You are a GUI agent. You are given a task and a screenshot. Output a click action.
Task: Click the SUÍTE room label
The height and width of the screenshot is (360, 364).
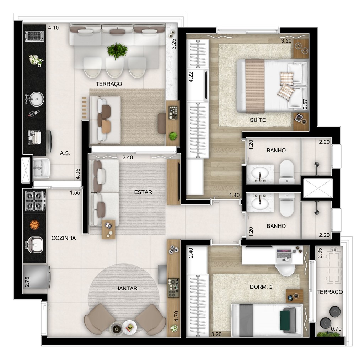click(257, 120)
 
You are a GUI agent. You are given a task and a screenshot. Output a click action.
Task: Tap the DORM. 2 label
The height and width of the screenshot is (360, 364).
click(261, 288)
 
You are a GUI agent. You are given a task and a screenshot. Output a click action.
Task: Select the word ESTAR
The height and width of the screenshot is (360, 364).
click(143, 192)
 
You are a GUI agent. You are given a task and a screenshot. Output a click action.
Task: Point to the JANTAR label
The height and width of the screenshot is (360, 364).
click(127, 288)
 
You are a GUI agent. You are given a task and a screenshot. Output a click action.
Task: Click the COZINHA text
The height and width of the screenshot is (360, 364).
click(63, 238)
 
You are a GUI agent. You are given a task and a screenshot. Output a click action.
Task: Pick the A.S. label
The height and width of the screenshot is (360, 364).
click(65, 153)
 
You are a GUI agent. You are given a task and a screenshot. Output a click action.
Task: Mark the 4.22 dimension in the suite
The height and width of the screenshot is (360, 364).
click(191, 77)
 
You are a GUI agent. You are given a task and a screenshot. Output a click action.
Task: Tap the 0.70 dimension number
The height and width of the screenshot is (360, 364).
click(336, 329)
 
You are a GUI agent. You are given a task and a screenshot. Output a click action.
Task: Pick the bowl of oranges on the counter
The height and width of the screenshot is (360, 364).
click(34, 224)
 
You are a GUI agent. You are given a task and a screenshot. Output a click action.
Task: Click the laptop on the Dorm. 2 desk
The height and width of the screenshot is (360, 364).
click(284, 255)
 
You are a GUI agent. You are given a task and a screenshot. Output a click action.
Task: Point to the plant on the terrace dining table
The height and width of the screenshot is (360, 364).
click(117, 50)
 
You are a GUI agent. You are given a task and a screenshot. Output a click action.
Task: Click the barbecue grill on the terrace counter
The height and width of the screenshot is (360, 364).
click(34, 36)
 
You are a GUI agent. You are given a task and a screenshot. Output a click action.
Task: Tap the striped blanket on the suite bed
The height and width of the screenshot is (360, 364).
click(255, 85)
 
